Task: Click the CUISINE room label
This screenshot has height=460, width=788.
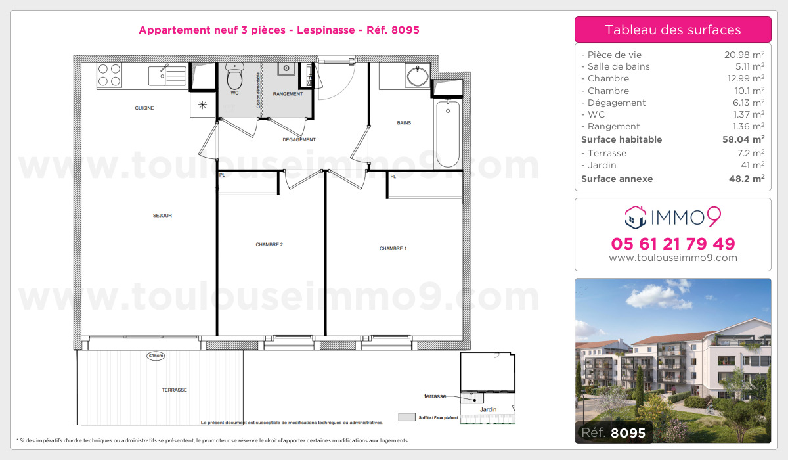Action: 144,108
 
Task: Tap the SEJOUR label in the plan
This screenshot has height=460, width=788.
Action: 162,216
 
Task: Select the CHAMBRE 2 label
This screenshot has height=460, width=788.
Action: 269,244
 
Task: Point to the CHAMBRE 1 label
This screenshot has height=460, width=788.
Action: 393,248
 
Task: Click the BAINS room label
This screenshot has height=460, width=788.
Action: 404,123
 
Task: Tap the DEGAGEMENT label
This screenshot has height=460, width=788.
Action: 299,139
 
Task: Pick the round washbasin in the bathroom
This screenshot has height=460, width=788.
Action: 418,76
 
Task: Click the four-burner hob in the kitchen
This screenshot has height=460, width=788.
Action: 110,75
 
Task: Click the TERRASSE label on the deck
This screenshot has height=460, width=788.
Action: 175,390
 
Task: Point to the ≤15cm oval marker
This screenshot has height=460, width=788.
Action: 156,356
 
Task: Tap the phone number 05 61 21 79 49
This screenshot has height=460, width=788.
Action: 673,244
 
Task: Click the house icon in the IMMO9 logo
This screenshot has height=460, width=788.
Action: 634,215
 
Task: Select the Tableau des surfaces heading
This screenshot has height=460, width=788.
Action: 673,30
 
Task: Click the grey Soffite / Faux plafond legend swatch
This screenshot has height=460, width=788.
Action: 407,417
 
